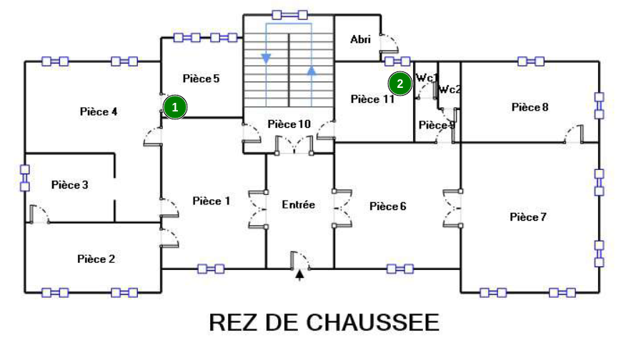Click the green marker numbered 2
pyautogui.click(x=400, y=84)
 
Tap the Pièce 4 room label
pyautogui.click(x=99, y=111)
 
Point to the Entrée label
pyautogui.click(x=299, y=204)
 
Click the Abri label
pyautogui.click(x=361, y=39)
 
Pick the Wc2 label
pyautogui.click(x=449, y=89)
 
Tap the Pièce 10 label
pyautogui.click(x=289, y=124)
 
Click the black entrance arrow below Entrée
pyautogui.click(x=299, y=274)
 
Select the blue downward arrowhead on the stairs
pyautogui.click(x=267, y=58)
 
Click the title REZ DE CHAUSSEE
pyautogui.click(x=324, y=322)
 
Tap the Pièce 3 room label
pyautogui.click(x=70, y=185)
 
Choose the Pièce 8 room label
pyautogui.click(x=530, y=107)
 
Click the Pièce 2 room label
pyautogui.click(x=96, y=259)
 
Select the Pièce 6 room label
pyautogui.click(x=388, y=206)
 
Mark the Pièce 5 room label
pyautogui.click(x=201, y=79)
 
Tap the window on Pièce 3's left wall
pyautogui.click(x=24, y=179)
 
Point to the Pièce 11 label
pyautogui.click(x=372, y=99)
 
